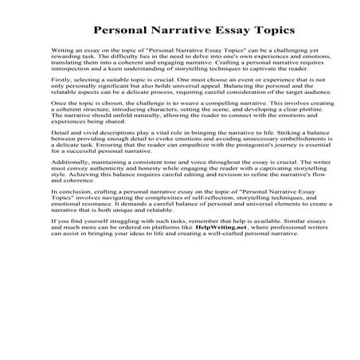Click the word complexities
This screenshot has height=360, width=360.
click(x=164, y=252)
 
